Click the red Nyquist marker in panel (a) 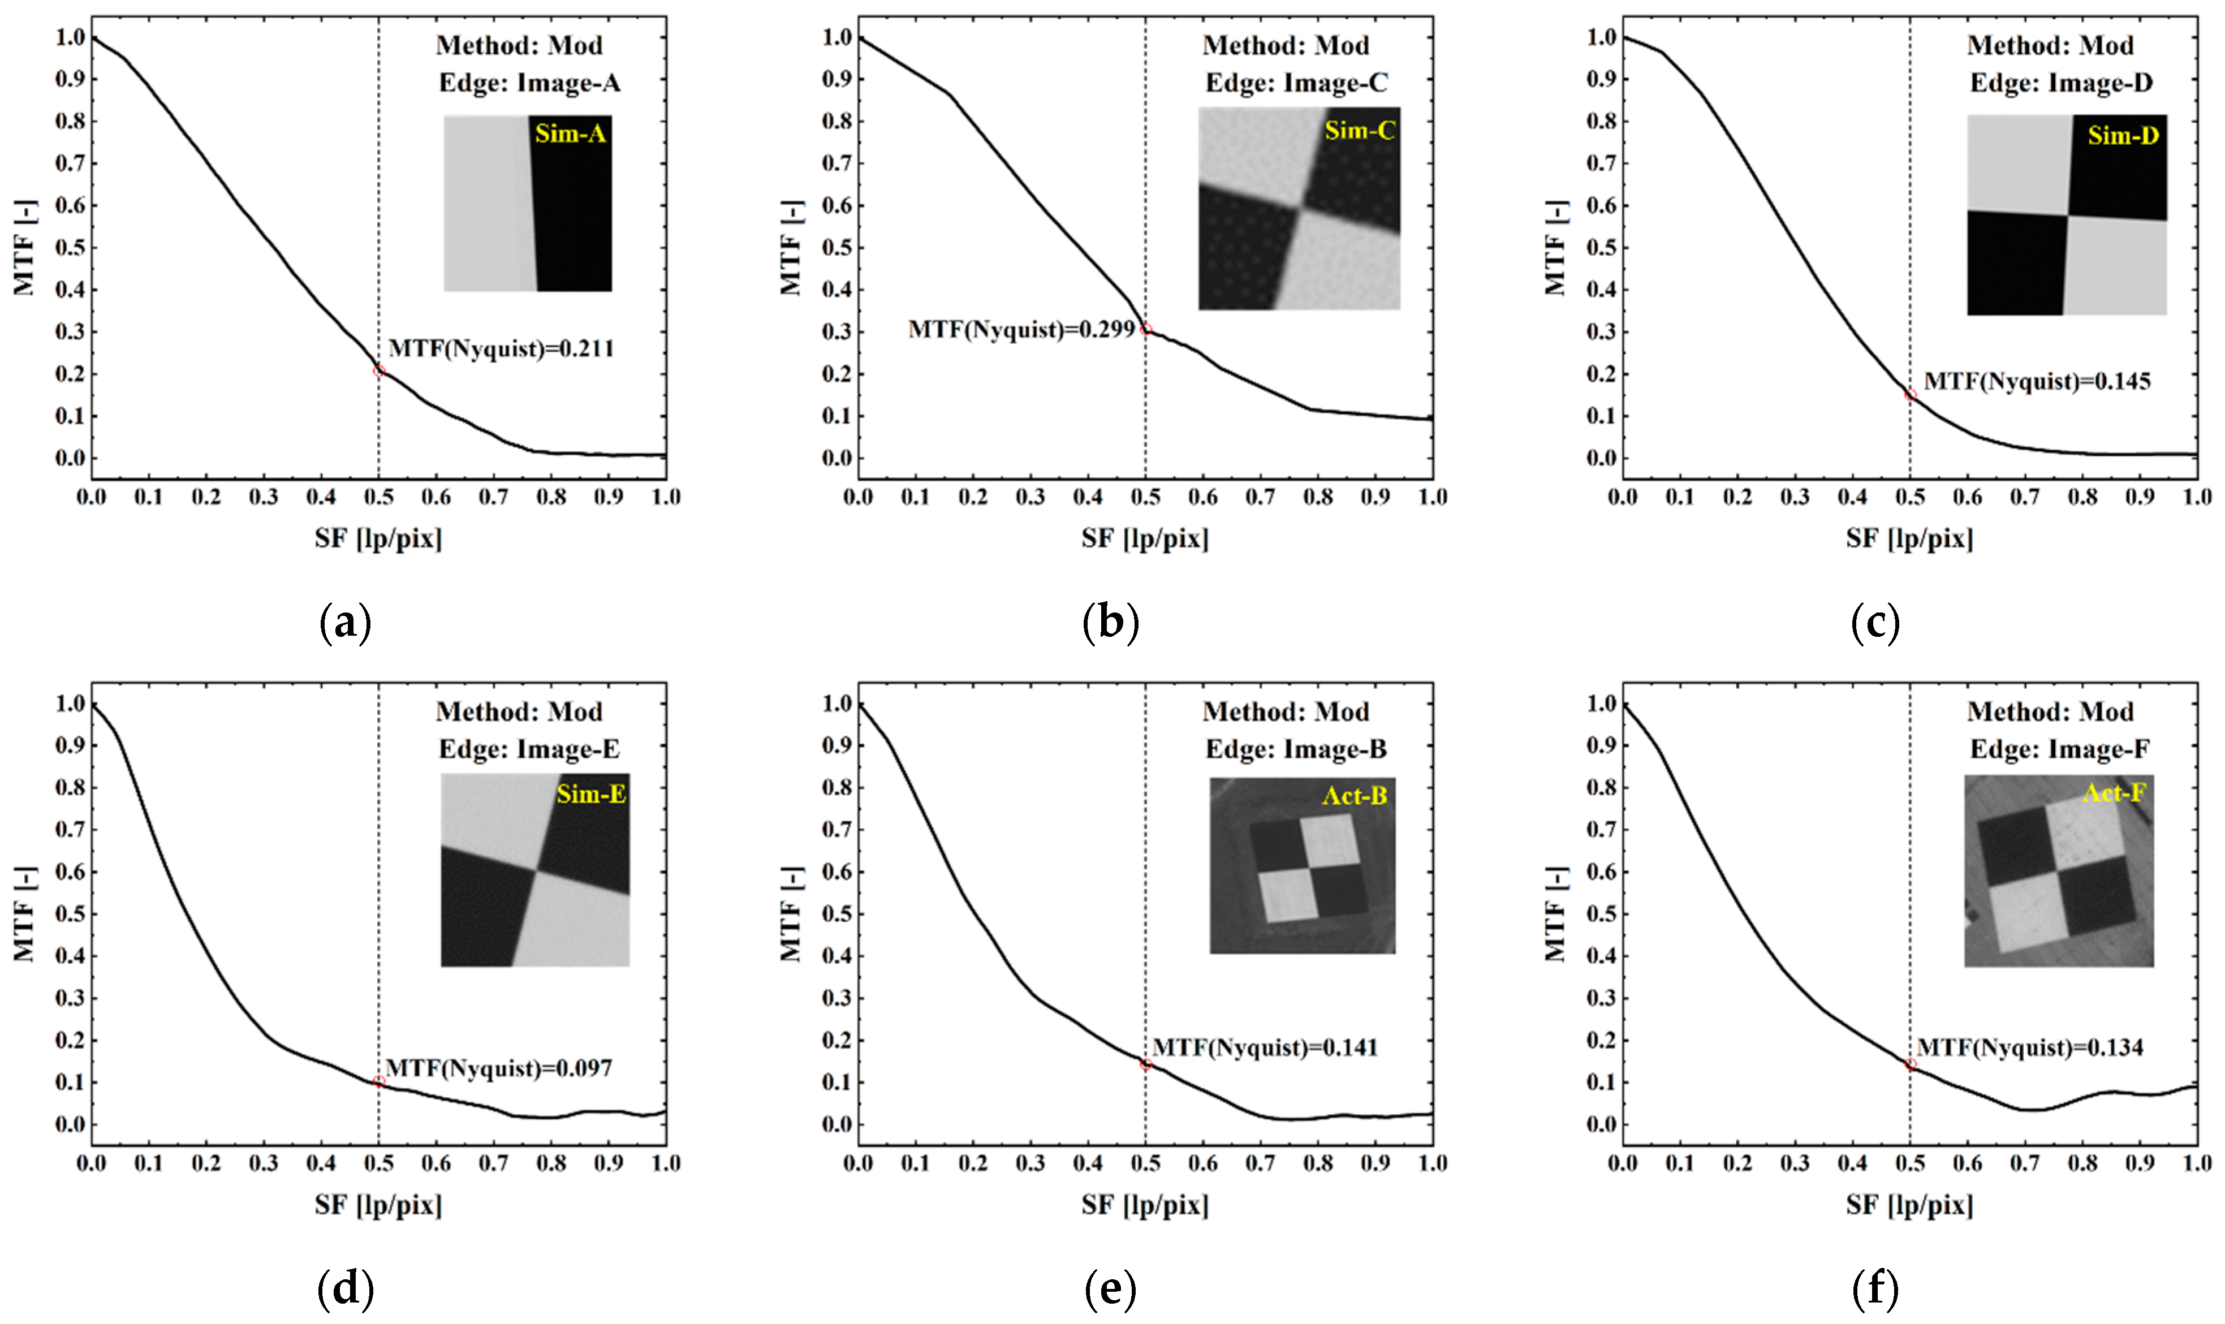tap(379, 371)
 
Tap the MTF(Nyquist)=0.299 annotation tap(1021, 330)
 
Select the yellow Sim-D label tap(2123, 136)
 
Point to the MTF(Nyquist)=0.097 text tap(499, 1068)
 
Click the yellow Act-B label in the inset tap(1354, 795)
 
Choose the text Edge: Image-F tap(2059, 749)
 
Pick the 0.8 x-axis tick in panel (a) tap(550, 497)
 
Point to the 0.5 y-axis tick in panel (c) tap(1601, 247)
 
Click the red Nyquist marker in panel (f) tap(1910, 1064)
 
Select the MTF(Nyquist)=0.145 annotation tap(2037, 382)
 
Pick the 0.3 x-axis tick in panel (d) tap(263, 1163)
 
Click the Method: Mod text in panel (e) tap(1286, 712)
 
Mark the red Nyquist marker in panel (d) tap(379, 1081)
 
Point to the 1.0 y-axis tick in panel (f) tap(1601, 704)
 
